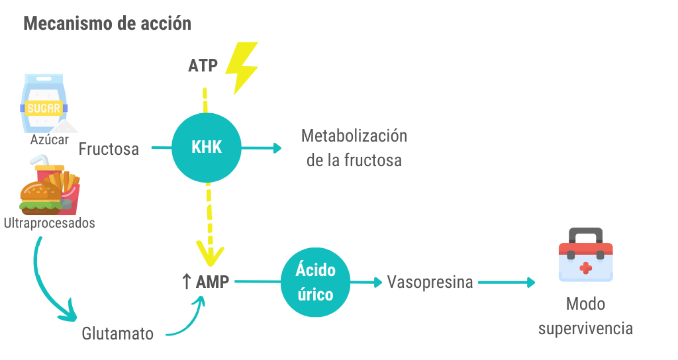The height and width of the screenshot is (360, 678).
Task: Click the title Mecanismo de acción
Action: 107,24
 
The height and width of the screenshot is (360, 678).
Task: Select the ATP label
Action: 203,66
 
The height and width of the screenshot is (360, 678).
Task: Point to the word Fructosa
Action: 109,149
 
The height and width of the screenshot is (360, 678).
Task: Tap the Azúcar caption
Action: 49,140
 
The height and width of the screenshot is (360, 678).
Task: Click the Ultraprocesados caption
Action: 50,223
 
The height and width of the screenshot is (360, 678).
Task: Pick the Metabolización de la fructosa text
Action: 354,148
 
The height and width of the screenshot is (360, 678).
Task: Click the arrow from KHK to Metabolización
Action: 261,148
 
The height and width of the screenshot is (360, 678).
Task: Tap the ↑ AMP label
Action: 206,282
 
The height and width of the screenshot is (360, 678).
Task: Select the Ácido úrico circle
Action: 316,283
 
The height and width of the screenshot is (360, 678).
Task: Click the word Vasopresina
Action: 430,282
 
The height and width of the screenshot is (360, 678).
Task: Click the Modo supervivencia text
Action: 585,316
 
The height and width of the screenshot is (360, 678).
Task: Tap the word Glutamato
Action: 118,334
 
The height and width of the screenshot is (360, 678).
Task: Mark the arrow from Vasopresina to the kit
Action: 507,283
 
